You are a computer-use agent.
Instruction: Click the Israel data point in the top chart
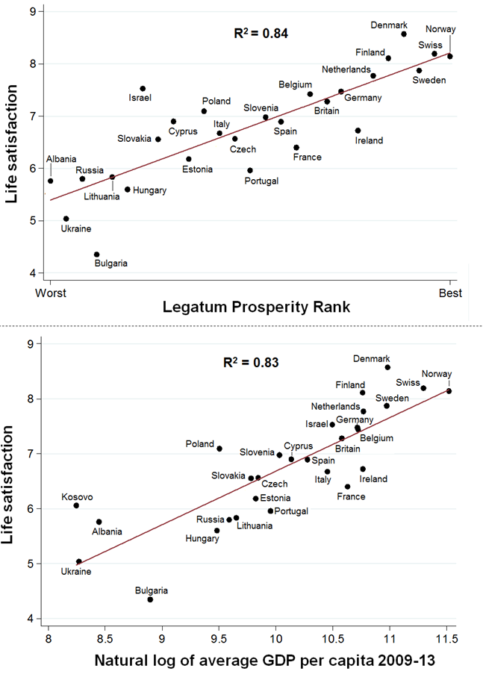pyautogui.click(x=143, y=89)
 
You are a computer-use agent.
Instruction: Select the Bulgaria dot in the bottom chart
pyautogui.click(x=150, y=599)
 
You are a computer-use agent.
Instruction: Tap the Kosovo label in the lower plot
pyautogui.click(x=77, y=497)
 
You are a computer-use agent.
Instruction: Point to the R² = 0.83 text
pyautogui.click(x=252, y=363)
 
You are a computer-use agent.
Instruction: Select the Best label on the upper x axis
pyautogui.click(x=450, y=293)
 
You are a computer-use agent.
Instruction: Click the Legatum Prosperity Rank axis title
pyautogui.click(x=249, y=307)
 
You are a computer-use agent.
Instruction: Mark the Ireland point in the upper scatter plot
pyautogui.click(x=358, y=131)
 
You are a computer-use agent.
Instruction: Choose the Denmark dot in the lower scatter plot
pyautogui.click(x=387, y=367)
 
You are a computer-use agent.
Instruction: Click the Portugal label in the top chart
pyautogui.click(x=262, y=181)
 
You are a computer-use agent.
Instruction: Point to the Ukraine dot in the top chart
pyautogui.click(x=66, y=219)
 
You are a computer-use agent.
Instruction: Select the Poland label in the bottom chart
pyautogui.click(x=200, y=444)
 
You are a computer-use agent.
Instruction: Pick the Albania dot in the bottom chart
pyautogui.click(x=99, y=522)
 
